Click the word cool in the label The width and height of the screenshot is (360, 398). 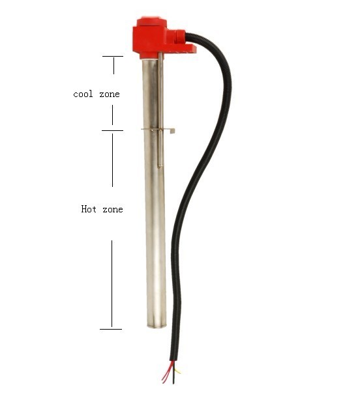pos(83,94)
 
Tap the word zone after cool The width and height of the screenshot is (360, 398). pos(110,94)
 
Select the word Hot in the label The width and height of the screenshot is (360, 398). pos(88,209)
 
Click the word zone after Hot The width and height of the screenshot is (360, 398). pos(113,209)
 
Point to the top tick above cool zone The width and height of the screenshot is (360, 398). pos(112,57)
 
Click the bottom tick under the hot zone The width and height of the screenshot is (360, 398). pos(111,329)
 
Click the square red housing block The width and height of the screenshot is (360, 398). pos(152,36)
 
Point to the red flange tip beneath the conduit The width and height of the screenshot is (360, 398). pos(190,48)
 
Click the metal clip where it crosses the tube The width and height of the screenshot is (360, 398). pos(155,130)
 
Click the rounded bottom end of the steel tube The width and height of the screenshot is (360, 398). pos(155,326)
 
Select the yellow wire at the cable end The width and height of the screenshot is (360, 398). pos(177,371)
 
